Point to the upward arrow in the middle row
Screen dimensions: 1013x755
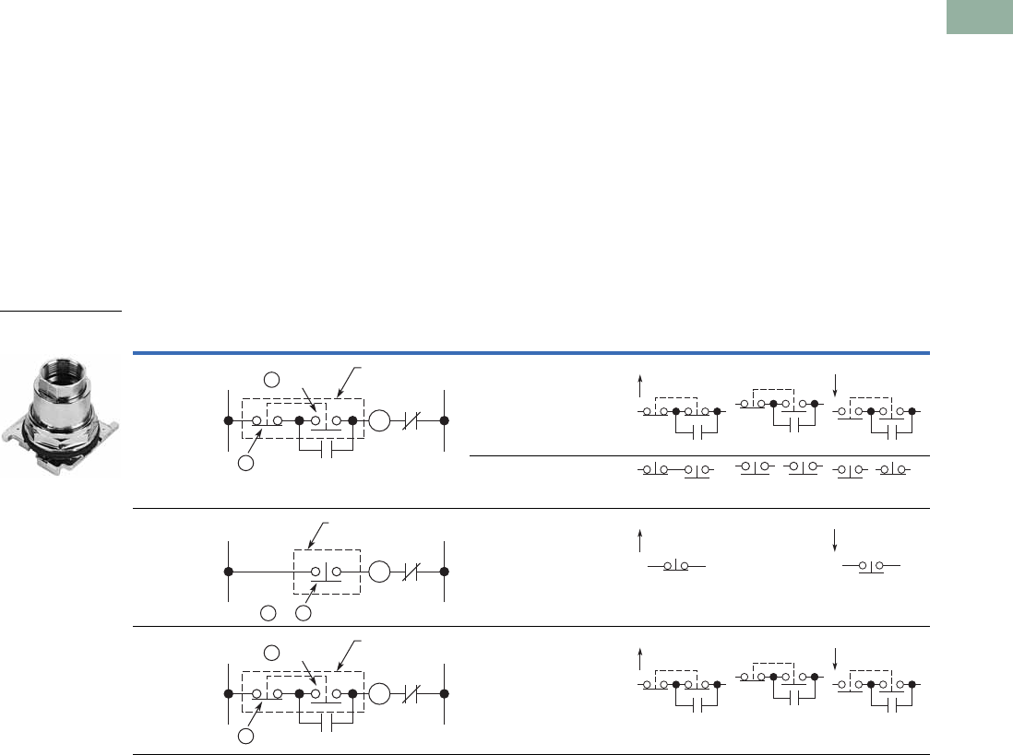tap(639, 539)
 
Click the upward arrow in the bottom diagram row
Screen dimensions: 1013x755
tap(639, 658)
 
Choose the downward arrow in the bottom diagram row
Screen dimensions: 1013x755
tap(836, 658)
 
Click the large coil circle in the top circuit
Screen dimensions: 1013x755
tap(379, 421)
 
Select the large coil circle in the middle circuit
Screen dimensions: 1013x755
tap(379, 572)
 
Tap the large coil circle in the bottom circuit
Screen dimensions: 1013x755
tap(379, 691)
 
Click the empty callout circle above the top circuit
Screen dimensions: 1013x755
tap(271, 379)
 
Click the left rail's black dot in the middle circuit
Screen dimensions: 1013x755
tap(228, 572)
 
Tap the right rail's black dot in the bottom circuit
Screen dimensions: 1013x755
tap(444, 691)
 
